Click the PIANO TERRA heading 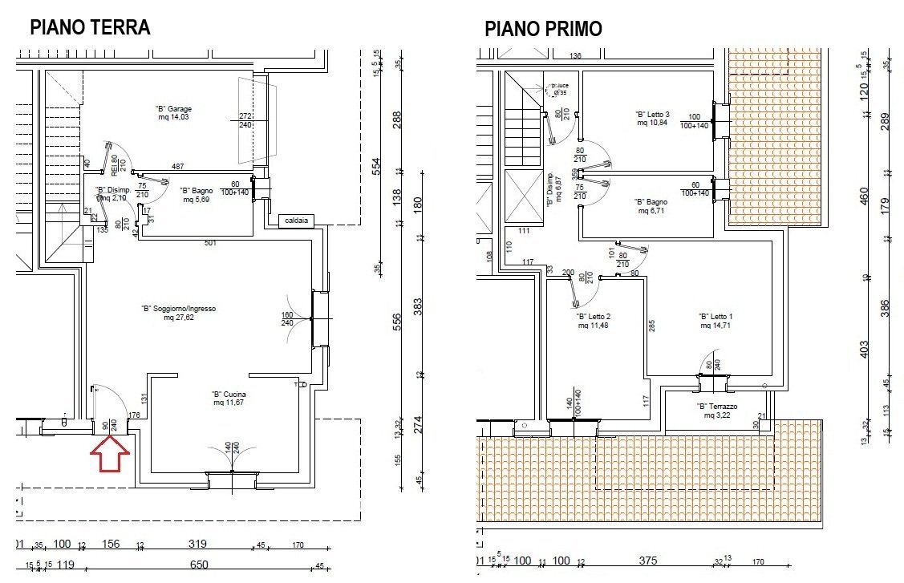pyautogui.click(x=89, y=27)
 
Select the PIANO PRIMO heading pyautogui.click(x=543, y=30)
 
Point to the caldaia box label pyautogui.click(x=294, y=220)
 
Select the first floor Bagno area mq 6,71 pyautogui.click(x=652, y=212)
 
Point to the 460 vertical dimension pyautogui.click(x=864, y=195)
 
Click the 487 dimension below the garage pyautogui.click(x=177, y=167)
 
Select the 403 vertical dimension pyautogui.click(x=864, y=350)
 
